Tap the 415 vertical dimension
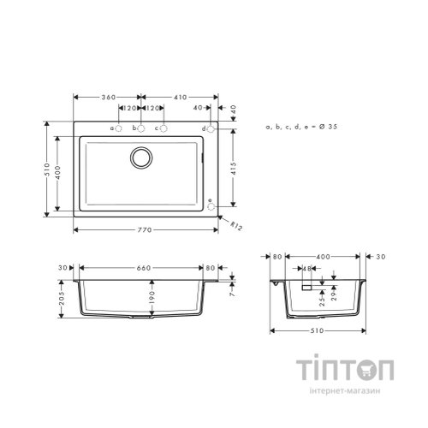(x=234, y=169)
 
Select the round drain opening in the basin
(x=141, y=158)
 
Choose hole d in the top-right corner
(x=211, y=129)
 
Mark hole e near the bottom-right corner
(x=211, y=206)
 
